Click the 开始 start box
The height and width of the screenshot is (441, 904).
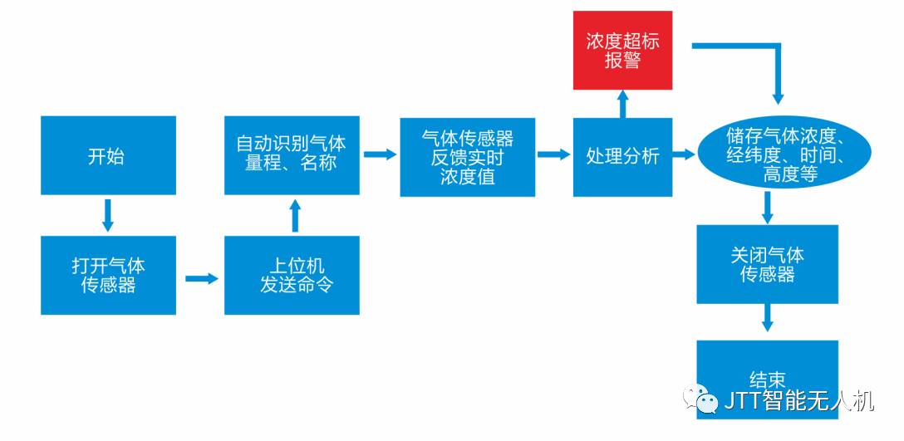coord(108,155)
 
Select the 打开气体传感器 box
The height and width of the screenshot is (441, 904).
coord(108,275)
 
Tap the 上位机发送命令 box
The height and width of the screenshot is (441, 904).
coord(292,275)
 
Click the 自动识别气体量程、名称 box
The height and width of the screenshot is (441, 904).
coord(292,154)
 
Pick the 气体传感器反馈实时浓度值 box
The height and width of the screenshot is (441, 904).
coord(468,157)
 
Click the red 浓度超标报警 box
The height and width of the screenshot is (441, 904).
coord(622,51)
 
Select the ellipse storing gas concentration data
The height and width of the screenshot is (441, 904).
coord(784,154)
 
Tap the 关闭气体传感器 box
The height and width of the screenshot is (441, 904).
coord(767,264)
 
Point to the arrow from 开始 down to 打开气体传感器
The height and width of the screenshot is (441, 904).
coord(108,214)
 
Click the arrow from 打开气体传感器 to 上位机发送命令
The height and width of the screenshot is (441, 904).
coord(200,278)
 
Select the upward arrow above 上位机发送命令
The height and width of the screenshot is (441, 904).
coord(292,215)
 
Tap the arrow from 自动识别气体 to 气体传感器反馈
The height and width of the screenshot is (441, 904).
coord(379,154)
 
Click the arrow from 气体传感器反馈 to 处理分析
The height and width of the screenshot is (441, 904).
coord(553,154)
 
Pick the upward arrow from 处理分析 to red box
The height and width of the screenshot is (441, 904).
coord(622,103)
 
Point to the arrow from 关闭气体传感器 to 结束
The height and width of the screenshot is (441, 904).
coord(767,316)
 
